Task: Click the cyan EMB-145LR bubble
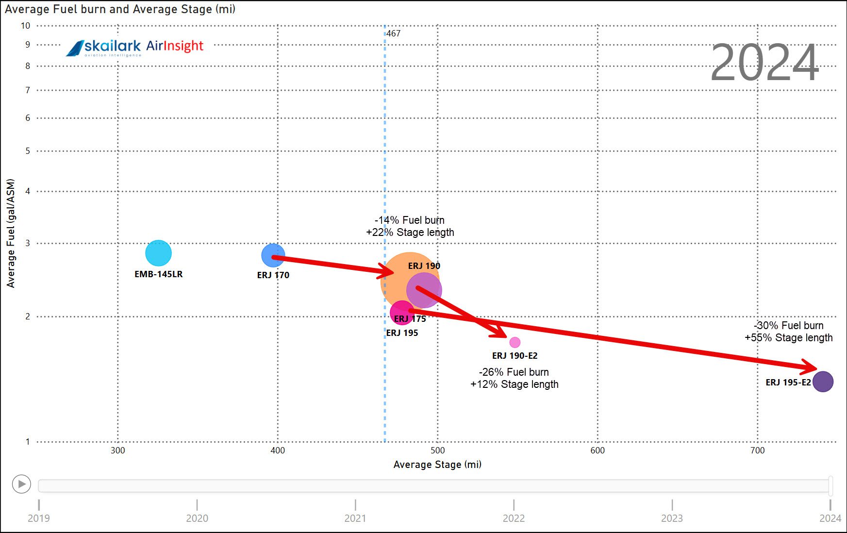point(158,253)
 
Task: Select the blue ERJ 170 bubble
point(273,255)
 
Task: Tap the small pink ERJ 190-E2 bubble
point(515,342)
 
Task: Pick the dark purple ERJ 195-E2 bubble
point(823,382)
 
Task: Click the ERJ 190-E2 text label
point(515,356)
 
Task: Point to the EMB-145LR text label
point(158,274)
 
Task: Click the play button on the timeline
point(21,484)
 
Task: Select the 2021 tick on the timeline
point(355,505)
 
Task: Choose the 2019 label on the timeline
point(39,518)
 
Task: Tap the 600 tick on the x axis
point(598,450)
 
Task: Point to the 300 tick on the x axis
point(118,450)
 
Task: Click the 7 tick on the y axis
point(28,90)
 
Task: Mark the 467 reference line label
point(394,33)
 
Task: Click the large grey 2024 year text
point(764,63)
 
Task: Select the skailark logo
point(104,47)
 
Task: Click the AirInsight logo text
point(175,46)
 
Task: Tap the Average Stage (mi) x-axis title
point(437,465)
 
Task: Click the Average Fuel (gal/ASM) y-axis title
point(11,233)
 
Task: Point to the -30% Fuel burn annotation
point(789,326)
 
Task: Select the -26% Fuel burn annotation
point(514,372)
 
